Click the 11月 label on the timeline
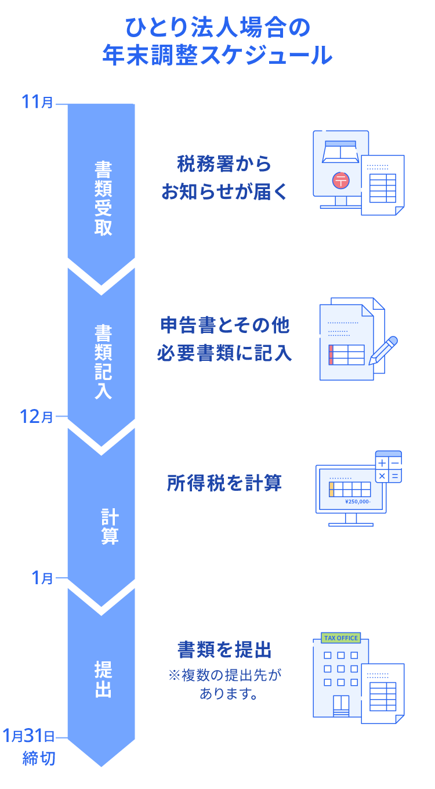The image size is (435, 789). tap(37, 103)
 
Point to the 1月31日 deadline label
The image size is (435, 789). tap(28, 737)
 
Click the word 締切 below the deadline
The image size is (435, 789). tap(39, 758)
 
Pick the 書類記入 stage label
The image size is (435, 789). tap(103, 361)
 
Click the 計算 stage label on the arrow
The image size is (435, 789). tap(109, 526)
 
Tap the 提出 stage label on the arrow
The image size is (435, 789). tap(103, 679)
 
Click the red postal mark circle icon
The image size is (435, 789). tap(341, 180)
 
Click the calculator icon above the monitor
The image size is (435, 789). tap(388, 467)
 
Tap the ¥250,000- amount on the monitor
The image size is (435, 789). tap(357, 502)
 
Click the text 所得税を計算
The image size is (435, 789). tap(224, 483)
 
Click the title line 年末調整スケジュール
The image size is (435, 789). tap(217, 55)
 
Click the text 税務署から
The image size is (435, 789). tap(224, 164)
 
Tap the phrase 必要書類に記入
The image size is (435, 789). tap(224, 353)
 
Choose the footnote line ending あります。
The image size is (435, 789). tap(228, 693)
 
